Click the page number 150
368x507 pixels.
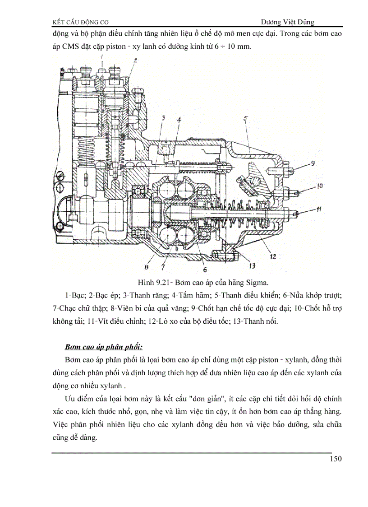click(336, 459)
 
